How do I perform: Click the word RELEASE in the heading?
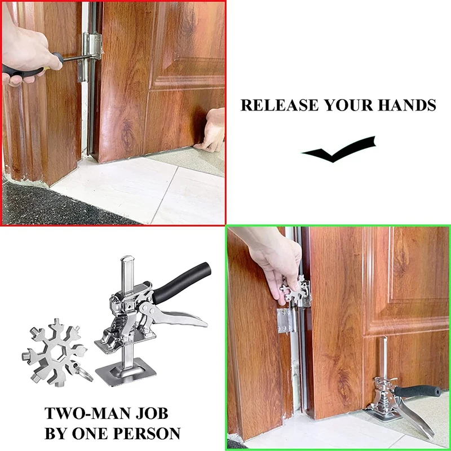pos(280,105)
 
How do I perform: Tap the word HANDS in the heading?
pos(407,105)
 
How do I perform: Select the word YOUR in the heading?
pos(348,105)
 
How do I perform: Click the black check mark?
pos(339,149)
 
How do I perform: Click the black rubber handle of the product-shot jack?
pos(181,283)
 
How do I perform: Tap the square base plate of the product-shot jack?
pos(126,372)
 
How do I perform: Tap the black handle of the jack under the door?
pos(418,391)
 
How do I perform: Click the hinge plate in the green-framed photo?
pos(285,320)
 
